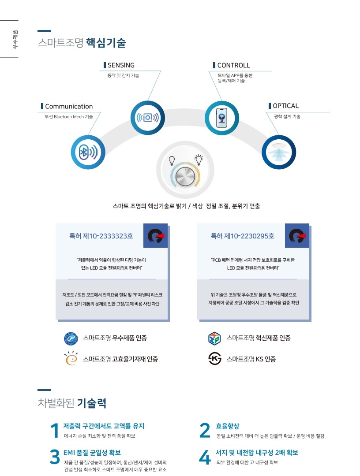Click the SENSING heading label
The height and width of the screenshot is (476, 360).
click(x=121, y=65)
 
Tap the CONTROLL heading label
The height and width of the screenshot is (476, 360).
click(x=233, y=65)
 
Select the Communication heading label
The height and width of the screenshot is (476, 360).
click(x=69, y=106)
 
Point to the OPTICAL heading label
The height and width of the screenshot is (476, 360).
click(x=285, y=106)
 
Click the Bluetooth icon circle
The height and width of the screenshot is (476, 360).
click(x=88, y=152)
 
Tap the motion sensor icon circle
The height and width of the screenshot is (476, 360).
click(x=148, y=118)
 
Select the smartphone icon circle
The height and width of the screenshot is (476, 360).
click(x=222, y=118)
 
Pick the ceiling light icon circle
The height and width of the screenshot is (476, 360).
click(x=279, y=152)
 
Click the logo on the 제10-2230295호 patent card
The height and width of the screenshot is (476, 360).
click(x=297, y=235)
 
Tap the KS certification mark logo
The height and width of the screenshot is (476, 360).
click(x=215, y=359)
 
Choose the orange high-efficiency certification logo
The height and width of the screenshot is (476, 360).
click(x=71, y=358)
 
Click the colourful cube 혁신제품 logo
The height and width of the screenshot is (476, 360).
click(x=214, y=338)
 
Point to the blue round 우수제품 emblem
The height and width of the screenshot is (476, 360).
click(x=71, y=338)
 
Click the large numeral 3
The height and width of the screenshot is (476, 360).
click(x=55, y=457)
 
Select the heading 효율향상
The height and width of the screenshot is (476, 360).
click(x=228, y=426)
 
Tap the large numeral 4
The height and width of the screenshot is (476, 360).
click(x=205, y=457)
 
